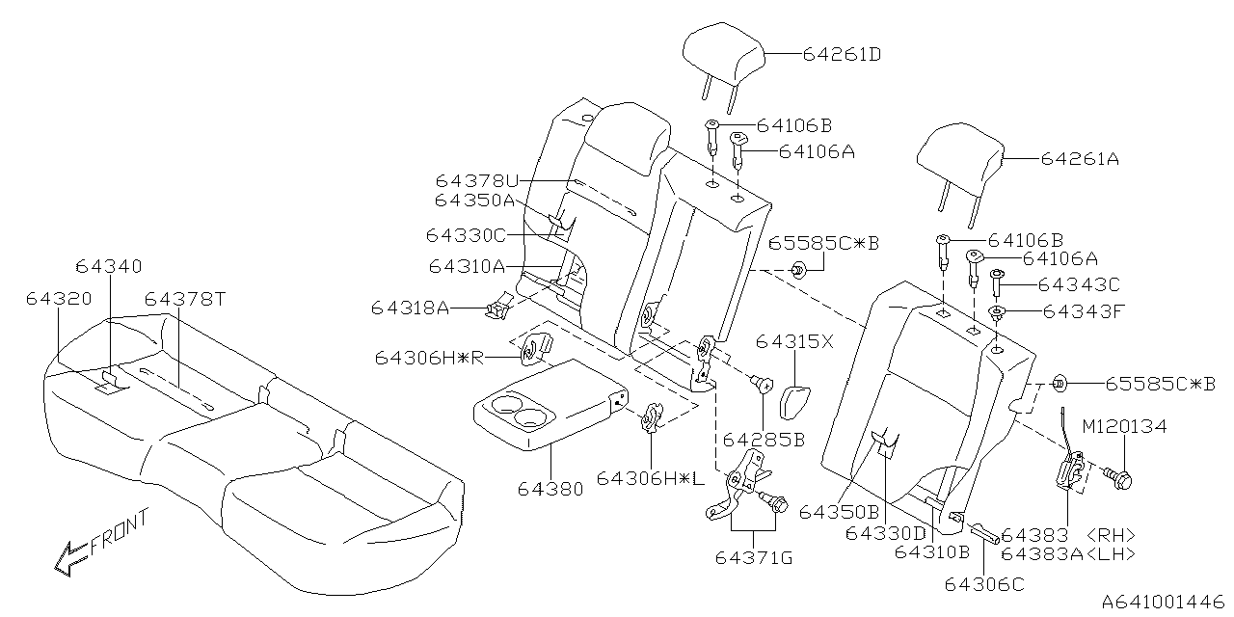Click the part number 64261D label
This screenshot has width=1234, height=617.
842,55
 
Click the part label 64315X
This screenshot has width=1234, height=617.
795,342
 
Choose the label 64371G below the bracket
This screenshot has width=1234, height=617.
755,558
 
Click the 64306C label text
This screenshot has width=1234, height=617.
984,582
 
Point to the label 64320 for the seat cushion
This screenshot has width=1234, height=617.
59,299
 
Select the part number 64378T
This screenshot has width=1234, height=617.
185,299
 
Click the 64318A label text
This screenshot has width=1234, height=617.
411,308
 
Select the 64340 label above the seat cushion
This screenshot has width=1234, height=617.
108,265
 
